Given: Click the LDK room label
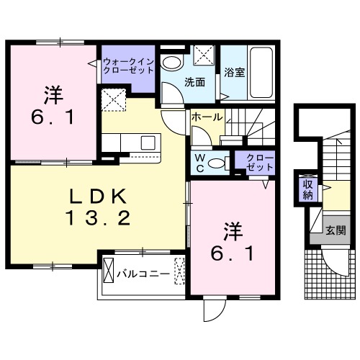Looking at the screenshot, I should (x=99, y=195).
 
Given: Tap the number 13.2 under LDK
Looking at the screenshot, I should (x=99, y=217).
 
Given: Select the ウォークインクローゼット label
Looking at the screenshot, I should (x=128, y=66).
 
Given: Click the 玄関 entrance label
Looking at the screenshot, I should (x=335, y=230).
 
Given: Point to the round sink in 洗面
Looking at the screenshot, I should (x=171, y=61).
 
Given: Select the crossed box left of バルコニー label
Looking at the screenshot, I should (x=109, y=273).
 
